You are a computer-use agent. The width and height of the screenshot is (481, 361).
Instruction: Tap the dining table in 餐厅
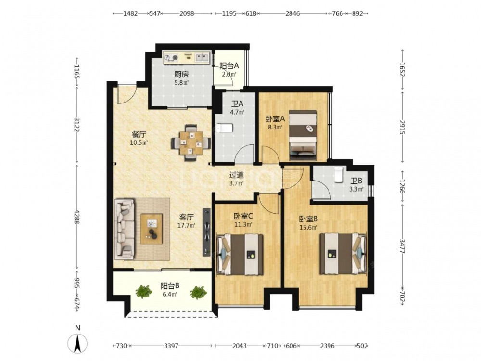pos(191,143)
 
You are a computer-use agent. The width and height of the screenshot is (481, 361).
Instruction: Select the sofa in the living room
pos(125,229)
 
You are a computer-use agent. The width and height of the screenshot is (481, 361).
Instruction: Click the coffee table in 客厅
pos(152,228)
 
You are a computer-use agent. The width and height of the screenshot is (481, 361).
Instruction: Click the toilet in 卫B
pos(338,174)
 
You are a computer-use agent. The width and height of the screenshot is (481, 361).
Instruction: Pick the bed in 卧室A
pos(303,135)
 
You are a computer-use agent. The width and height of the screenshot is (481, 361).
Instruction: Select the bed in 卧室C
pos(240,255)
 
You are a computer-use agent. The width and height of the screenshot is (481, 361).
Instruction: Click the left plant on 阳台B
pos(144,291)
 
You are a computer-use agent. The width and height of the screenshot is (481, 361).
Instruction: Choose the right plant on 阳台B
pos(199,293)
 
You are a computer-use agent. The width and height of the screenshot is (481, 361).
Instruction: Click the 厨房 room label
pos(181,75)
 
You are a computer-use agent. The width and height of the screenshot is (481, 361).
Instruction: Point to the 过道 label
pos(237,175)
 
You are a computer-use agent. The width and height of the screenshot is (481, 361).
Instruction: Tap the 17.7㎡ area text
pos(187,225)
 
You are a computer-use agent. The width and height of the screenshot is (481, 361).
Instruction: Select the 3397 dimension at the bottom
pos(171,346)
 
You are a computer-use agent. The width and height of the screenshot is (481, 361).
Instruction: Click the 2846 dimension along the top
pos(292,13)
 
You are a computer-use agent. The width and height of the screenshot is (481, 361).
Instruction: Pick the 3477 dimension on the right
pos(403,245)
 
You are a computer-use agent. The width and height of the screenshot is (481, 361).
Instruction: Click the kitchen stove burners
pos(171,57)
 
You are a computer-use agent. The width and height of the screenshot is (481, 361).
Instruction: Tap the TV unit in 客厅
pos(207,232)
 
